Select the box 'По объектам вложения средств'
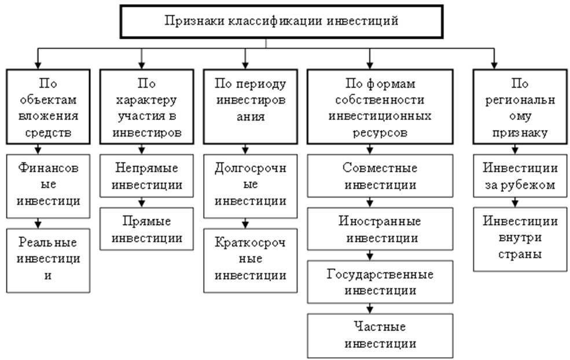[49, 106]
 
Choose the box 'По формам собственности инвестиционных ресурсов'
[380, 106]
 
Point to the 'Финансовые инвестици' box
[49, 185]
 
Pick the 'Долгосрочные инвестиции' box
[251, 185]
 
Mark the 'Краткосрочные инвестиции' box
[251, 259]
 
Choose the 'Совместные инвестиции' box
[380, 177]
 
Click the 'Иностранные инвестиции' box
[380, 229]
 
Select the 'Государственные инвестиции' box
[380, 282]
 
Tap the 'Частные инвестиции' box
[380, 335]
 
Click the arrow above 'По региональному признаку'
[494, 57]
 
